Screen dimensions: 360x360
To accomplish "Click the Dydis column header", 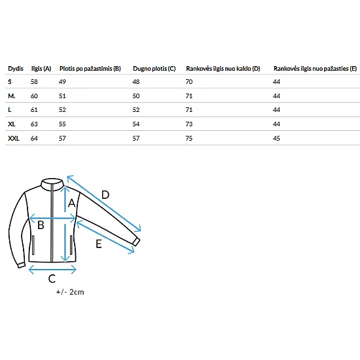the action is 16,69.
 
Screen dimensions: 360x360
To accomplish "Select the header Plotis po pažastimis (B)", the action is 90,69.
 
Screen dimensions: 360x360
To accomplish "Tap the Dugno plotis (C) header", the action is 154,69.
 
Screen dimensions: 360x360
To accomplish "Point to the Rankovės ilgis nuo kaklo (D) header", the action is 223,69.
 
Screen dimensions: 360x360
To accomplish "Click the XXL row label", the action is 14,138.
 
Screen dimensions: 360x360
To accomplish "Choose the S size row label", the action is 10,82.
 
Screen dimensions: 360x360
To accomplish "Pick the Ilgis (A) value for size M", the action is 34,96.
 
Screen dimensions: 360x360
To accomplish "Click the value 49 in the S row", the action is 62,82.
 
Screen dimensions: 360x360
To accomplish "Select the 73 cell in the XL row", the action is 189,124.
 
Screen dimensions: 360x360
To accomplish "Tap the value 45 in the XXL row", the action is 276,138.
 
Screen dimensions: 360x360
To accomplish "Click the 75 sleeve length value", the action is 189,138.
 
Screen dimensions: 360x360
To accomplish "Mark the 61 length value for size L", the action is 34,110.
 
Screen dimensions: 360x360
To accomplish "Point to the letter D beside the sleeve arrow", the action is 105,195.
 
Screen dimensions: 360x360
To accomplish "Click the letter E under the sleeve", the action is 99,244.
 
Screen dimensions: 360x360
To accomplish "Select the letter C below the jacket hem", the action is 52,279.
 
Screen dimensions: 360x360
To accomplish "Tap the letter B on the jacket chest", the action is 41,225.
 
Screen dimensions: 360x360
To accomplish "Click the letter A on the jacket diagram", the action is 71,203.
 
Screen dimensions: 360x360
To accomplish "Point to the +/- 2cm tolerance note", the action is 70,292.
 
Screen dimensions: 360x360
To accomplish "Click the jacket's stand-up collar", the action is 52,184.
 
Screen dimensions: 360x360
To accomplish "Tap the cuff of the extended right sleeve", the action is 136,242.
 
